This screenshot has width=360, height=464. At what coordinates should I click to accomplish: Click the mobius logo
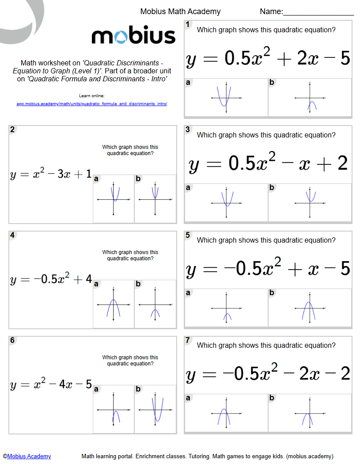pyautogui.click(x=133, y=36)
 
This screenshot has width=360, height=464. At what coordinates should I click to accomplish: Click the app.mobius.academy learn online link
pyautogui.click(x=92, y=104)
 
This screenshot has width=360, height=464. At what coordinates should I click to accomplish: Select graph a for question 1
pyautogui.click(x=226, y=98)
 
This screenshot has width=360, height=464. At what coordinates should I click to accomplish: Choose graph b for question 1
pyautogui.click(x=310, y=98)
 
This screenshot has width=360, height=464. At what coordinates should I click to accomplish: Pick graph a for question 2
pyautogui.click(x=114, y=199)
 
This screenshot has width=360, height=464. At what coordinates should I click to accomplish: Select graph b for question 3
pyautogui.click(x=310, y=203)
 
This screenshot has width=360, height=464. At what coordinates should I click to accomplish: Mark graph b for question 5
pyautogui.click(x=310, y=308)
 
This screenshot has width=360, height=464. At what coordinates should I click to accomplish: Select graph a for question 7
pyautogui.click(x=226, y=413)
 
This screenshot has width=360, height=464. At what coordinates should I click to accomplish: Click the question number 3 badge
pyautogui.click(x=188, y=129)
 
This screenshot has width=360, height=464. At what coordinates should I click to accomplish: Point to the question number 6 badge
pyautogui.click(x=12, y=340)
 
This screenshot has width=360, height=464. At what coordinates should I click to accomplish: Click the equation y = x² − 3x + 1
pyautogui.click(x=50, y=175)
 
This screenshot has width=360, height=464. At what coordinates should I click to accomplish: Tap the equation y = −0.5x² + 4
pyautogui.click(x=50, y=280)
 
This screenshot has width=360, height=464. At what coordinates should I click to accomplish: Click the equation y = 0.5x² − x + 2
pyautogui.click(x=268, y=164)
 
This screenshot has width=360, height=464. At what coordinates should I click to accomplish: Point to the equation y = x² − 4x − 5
pyautogui.click(x=50, y=385)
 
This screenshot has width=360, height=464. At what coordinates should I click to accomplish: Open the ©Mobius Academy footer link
pyautogui.click(x=27, y=456)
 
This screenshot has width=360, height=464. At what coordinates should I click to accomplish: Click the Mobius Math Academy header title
pyautogui.click(x=180, y=12)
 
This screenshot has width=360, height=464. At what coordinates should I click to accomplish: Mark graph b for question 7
pyautogui.click(x=310, y=413)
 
